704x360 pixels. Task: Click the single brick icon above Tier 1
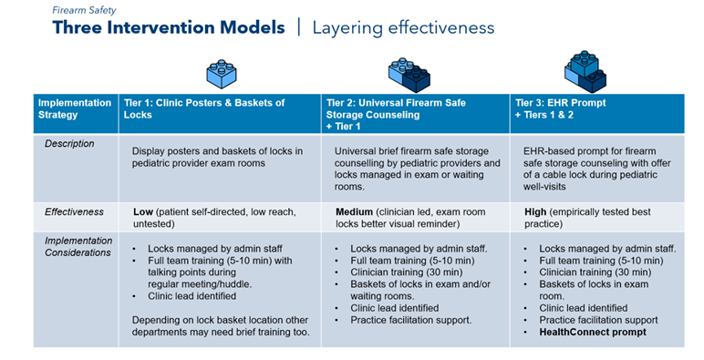coord(222,74)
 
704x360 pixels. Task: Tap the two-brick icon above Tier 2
coord(409,75)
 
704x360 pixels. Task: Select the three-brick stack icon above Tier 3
coord(585,72)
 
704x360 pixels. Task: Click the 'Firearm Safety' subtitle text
coord(84,10)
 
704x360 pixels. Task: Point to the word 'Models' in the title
coord(252,27)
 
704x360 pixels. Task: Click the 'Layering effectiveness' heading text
coord(403,28)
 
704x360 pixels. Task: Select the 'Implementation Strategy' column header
coord(75,108)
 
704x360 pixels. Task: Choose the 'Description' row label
coord(69,144)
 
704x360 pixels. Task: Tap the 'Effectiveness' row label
coord(74,211)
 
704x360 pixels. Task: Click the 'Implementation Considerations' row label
coord(78,246)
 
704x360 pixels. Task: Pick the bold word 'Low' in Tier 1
coord(143,211)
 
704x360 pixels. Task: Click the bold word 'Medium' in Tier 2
coord(354,211)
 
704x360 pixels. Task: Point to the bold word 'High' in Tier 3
coord(535,211)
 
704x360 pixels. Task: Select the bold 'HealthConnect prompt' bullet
coord(593,332)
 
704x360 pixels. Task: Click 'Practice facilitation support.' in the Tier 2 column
coord(410,320)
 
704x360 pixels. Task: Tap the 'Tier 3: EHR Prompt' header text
coord(560,103)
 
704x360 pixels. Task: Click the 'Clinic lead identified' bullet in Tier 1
coord(192,296)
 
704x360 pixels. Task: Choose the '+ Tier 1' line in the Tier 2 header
coord(343,127)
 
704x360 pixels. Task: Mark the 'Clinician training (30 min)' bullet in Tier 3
coord(595,272)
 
